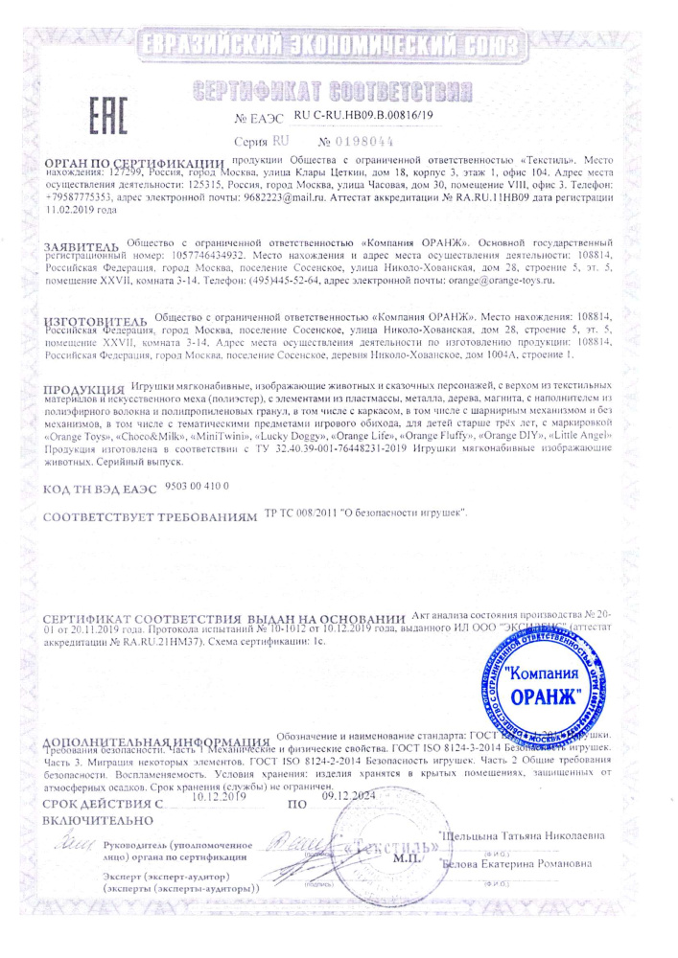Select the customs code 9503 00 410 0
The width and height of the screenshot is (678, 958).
pyautogui.click(x=198, y=486)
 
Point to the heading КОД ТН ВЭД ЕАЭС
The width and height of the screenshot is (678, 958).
pyautogui.click(x=102, y=489)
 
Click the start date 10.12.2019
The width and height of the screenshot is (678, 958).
pyautogui.click(x=220, y=795)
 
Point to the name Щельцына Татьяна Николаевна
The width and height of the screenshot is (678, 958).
pyautogui.click(x=523, y=836)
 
